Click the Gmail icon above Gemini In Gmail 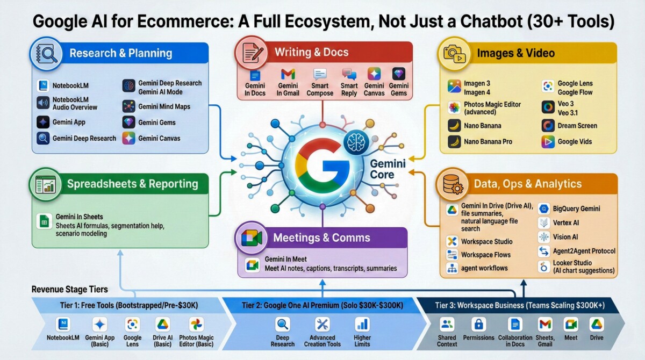coord(288,74)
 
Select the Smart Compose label coord(320,90)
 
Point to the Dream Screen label coord(577,126)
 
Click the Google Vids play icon coord(548,142)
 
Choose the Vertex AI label coord(566,223)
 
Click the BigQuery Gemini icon coord(543,208)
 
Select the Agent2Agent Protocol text coord(584,251)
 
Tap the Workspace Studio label coord(486,241)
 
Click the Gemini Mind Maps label coord(164,106)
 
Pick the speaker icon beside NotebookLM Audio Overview coord(43,103)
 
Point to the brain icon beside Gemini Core coord(356,142)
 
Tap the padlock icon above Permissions coord(478,325)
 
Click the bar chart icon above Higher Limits coord(362,325)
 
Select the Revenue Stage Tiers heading coord(69,289)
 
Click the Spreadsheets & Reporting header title coord(132,184)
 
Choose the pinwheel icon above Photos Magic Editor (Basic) coord(196,325)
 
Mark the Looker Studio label coord(572,263)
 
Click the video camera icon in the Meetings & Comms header coord(252,238)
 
